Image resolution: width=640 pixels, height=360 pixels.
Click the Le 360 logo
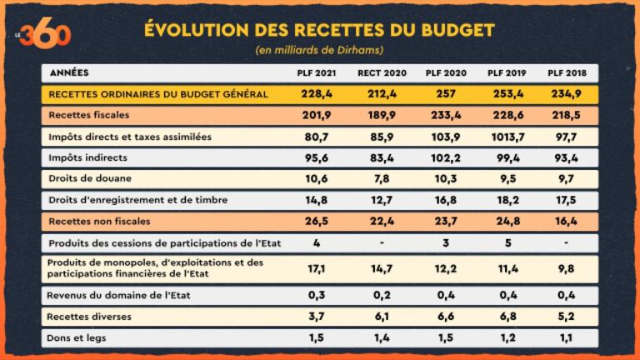click(43, 32)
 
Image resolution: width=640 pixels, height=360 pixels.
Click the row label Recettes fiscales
click(89, 114)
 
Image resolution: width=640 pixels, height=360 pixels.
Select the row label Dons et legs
click(77, 337)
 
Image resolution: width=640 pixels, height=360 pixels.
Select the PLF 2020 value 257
click(442, 93)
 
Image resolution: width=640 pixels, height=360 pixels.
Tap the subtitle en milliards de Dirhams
click(319, 50)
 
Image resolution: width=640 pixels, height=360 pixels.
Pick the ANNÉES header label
click(70, 72)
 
